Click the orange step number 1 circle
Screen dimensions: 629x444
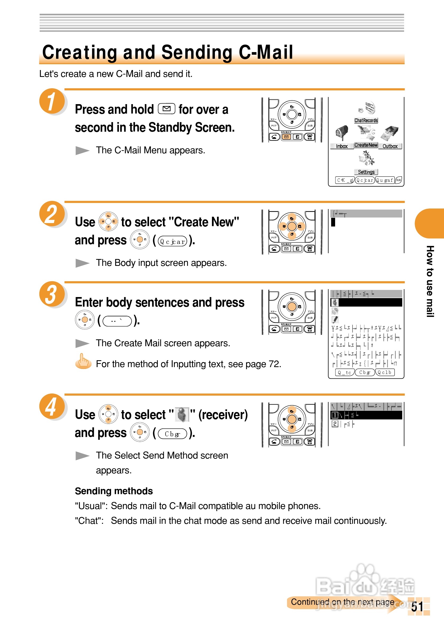(x=52, y=101)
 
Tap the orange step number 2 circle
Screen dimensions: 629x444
(x=52, y=214)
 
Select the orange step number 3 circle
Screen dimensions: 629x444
(x=52, y=294)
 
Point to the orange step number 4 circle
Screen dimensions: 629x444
(x=52, y=406)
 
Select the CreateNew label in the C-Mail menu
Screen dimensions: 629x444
(x=366, y=145)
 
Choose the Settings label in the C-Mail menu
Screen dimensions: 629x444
(x=366, y=172)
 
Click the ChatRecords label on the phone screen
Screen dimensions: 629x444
(x=366, y=121)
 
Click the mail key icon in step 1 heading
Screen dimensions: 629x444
(x=166, y=109)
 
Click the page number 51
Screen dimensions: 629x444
(x=417, y=607)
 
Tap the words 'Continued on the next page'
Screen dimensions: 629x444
(x=342, y=602)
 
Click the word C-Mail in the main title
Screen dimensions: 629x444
(x=266, y=52)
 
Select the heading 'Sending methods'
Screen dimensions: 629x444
(x=114, y=491)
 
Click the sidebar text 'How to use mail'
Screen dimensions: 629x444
(x=430, y=281)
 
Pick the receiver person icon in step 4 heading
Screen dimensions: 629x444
(x=182, y=414)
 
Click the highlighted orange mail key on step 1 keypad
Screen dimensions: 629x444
(x=286, y=137)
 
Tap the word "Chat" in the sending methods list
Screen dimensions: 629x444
(x=89, y=521)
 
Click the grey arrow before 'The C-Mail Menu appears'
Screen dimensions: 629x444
(x=82, y=150)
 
